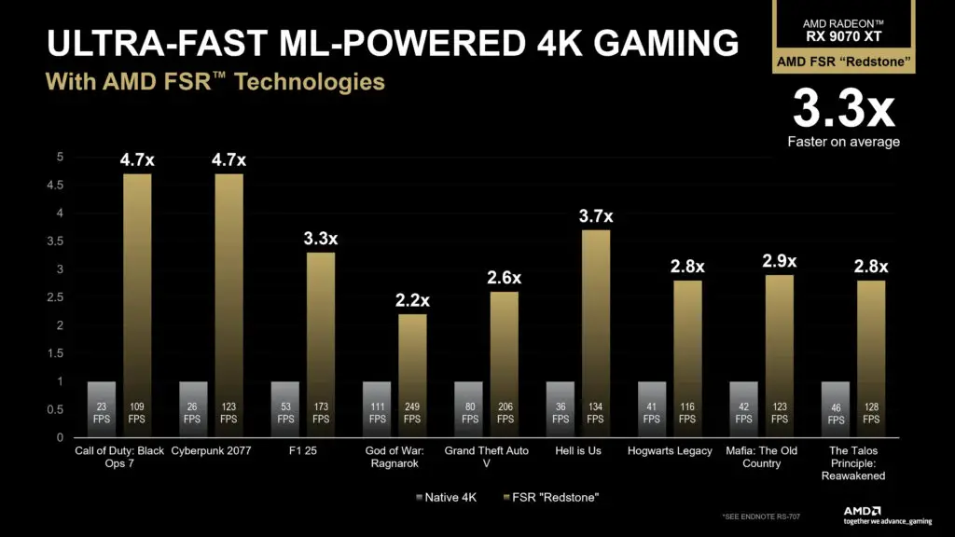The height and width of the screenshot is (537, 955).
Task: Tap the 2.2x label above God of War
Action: click(411, 300)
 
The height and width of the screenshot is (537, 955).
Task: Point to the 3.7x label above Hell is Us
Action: click(595, 216)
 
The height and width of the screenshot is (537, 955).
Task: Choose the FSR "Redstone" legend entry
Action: click(554, 497)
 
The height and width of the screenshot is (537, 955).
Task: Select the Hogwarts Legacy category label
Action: click(669, 451)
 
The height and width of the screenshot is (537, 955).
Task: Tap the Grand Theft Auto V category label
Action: click(485, 457)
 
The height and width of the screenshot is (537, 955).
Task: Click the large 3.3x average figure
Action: click(843, 110)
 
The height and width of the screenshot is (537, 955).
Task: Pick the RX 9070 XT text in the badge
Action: click(843, 36)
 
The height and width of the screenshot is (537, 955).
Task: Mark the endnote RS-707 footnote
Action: click(759, 516)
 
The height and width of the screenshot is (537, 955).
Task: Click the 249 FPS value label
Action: click(412, 413)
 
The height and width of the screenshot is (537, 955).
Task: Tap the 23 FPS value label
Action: click(101, 413)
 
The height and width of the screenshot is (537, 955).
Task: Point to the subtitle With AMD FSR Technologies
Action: click(215, 82)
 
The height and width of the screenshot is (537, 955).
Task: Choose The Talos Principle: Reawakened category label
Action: click(851, 463)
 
